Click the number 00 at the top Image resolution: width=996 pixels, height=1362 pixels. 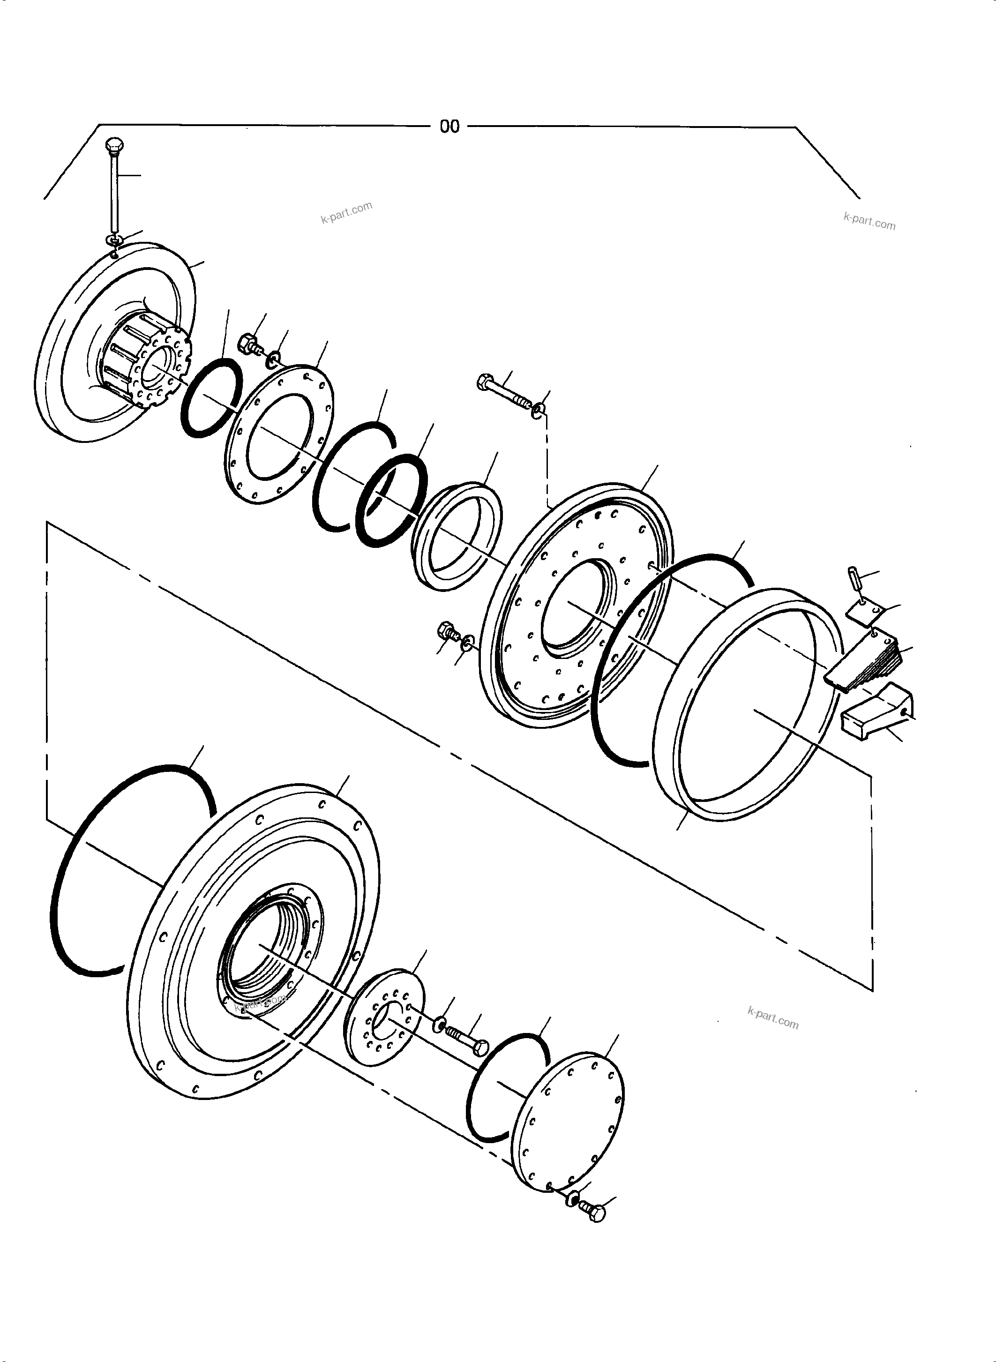coord(449,127)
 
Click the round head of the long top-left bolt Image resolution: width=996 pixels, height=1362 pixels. coord(113,145)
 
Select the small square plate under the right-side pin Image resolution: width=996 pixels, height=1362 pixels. coord(864,610)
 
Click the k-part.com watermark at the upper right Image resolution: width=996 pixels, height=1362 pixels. coord(869,221)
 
